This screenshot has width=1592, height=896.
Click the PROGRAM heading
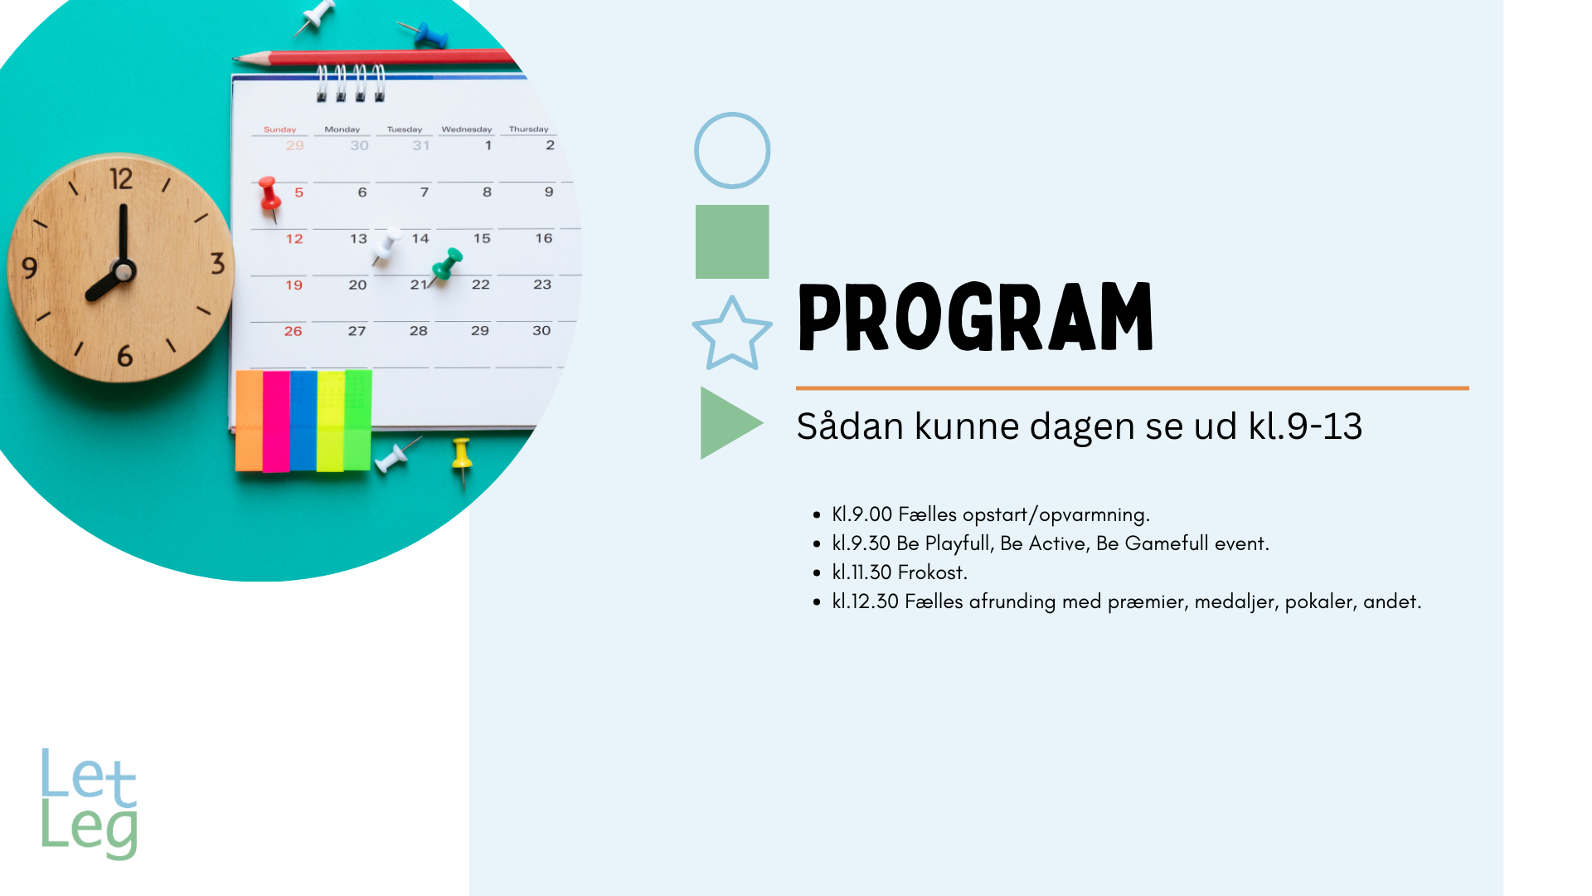pyautogui.click(x=975, y=317)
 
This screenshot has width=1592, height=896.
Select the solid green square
pyautogui.click(x=732, y=241)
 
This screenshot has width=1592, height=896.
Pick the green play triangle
pyautogui.click(x=730, y=423)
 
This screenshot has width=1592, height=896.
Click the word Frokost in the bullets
pyautogui.click(x=932, y=572)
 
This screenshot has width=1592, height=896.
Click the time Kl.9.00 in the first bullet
pyautogui.click(x=862, y=514)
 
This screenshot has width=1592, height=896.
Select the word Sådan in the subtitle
pyautogui.click(x=850, y=426)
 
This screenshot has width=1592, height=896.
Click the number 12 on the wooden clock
pyautogui.click(x=121, y=178)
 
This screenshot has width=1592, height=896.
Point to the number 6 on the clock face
pyautogui.click(x=124, y=356)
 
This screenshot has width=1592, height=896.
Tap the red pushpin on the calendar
pyautogui.click(x=269, y=197)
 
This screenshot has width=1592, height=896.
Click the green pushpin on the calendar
pyautogui.click(x=446, y=265)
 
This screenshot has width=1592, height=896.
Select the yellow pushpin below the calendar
pyautogui.click(x=462, y=459)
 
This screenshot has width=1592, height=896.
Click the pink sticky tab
pyautogui.click(x=276, y=421)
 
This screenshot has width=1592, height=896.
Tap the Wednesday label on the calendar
pyautogui.click(x=466, y=129)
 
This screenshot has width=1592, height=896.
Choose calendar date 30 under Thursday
pyautogui.click(x=541, y=330)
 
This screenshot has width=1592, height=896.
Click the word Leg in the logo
pyautogui.click(x=90, y=830)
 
